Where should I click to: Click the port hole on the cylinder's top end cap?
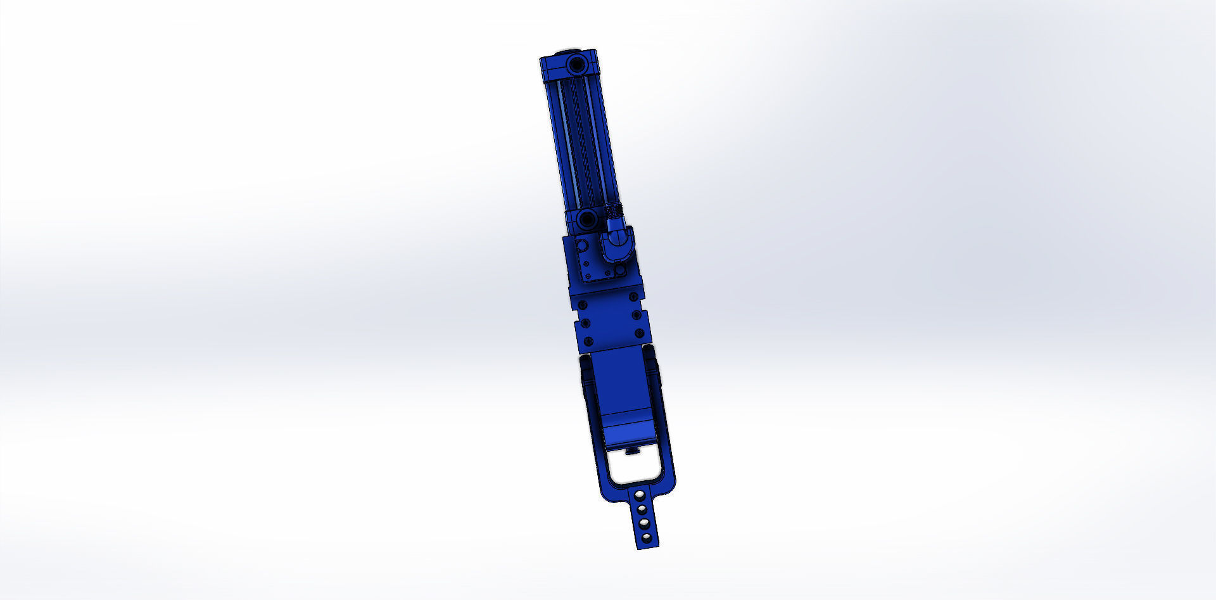tap(576, 64)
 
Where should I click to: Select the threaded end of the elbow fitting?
tap(611, 210)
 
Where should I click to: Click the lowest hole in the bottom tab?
tap(646, 538)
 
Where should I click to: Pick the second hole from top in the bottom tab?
tap(642, 508)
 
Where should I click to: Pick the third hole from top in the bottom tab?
tap(643, 523)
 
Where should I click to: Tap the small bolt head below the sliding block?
tap(631, 451)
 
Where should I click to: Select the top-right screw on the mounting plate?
tap(633, 297)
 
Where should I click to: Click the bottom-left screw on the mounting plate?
tap(588, 342)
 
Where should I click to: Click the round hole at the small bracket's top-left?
tap(581, 245)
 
